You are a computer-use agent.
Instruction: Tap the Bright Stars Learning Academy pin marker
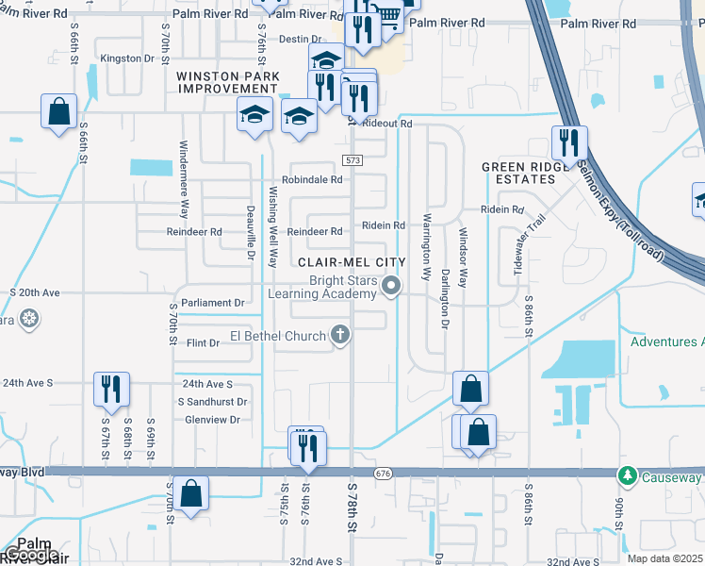coord(396,285)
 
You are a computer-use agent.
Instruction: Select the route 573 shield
coord(352,160)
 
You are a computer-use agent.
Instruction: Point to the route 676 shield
coord(381,472)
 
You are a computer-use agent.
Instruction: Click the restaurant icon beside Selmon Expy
coord(569,143)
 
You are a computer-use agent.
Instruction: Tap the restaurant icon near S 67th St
coord(111,389)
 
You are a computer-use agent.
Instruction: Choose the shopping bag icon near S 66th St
coord(58,111)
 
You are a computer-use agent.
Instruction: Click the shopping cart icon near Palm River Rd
coord(387,14)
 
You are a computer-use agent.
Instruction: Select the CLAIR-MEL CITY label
coord(351,262)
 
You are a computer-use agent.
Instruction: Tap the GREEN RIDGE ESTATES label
coord(518,173)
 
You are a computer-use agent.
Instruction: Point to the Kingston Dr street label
coord(127,58)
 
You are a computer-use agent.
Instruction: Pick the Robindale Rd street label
coord(312,179)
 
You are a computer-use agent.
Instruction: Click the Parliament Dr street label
coord(213,303)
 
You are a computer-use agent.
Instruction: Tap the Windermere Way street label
coord(185,179)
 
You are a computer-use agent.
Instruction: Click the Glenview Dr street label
coord(213,419)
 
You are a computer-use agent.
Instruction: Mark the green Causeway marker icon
coord(625,474)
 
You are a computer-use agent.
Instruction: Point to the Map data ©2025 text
coord(664,558)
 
